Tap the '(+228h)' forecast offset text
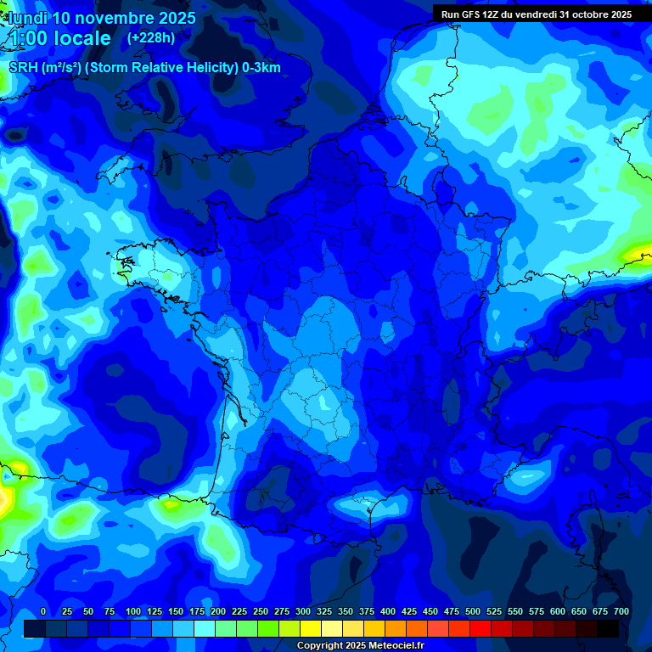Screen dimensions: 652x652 pyautogui.click(x=151, y=37)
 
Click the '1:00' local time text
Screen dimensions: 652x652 pyautogui.click(x=25, y=38)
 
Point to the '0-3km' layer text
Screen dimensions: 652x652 pyautogui.click(x=261, y=68)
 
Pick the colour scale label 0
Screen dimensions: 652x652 pyautogui.click(x=43, y=612)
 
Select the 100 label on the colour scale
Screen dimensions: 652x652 pyautogui.click(x=133, y=612)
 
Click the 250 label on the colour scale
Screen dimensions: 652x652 pyautogui.click(x=261, y=612)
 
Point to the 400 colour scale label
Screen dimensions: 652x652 pyautogui.click(x=388, y=612)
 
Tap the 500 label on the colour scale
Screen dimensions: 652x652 pyautogui.click(x=473, y=612)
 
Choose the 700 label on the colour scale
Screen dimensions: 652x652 pyautogui.click(x=621, y=612)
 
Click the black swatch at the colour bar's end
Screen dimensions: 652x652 pyautogui.click(x=608, y=628)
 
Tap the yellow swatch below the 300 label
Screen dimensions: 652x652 pyautogui.click(x=311, y=628)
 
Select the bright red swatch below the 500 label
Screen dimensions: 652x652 pyautogui.click(x=481, y=628)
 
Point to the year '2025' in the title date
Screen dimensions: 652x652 pyautogui.click(x=171, y=18)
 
